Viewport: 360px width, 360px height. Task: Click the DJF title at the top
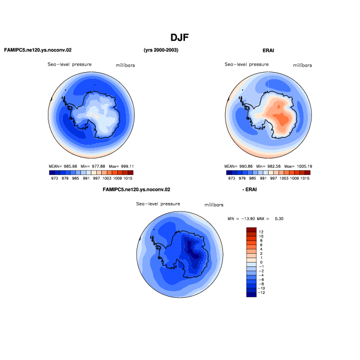(x=179, y=37)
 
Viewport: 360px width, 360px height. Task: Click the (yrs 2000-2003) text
(x=161, y=50)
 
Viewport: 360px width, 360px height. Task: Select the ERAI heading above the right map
(x=268, y=51)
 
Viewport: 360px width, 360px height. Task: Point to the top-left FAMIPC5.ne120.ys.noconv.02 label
(x=38, y=50)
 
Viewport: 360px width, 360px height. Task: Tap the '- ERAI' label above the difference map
(x=249, y=189)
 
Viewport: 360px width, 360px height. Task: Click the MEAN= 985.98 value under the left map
(x=63, y=166)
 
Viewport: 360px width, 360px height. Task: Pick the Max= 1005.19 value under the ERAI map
(x=298, y=166)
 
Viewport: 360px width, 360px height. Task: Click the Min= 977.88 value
(x=93, y=166)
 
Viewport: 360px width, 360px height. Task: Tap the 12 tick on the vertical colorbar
(x=261, y=232)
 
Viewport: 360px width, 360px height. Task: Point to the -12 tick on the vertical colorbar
(x=261, y=292)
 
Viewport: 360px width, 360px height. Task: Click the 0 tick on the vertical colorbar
(x=261, y=262)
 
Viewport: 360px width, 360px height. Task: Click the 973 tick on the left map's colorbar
(x=54, y=178)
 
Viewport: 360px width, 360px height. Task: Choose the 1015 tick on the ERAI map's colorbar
(x=305, y=178)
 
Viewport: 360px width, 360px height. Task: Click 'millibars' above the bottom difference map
(x=214, y=205)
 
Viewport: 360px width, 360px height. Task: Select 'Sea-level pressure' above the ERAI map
(x=247, y=64)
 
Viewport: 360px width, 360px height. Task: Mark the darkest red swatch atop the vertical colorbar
(x=251, y=230)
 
